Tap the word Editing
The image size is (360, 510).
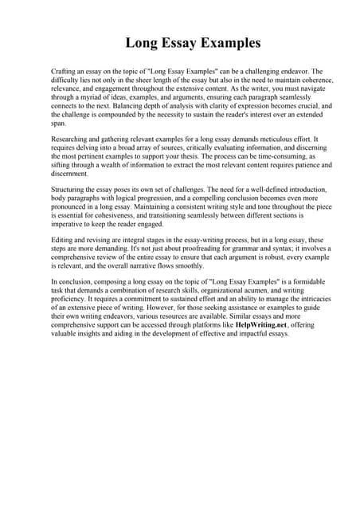click(x=63, y=240)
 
